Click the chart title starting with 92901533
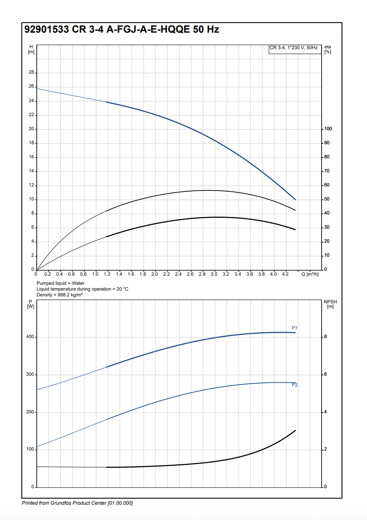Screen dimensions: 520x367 point(122,30)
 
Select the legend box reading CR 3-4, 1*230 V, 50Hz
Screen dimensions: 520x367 point(294,48)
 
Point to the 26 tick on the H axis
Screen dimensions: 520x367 point(32,87)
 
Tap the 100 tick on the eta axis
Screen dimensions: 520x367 point(328,129)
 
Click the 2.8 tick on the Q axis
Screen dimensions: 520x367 point(202,274)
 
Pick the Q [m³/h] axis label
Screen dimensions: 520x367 point(310,274)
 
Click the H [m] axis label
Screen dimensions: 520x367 point(31,49)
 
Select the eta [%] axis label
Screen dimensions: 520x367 point(328,49)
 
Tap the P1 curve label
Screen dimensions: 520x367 point(295,328)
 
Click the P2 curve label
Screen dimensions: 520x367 point(295,385)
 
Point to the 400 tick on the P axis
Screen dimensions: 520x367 point(30,337)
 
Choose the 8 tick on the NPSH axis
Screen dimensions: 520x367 point(326,337)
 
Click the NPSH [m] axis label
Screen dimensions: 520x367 point(330,304)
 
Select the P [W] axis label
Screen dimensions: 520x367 point(30,304)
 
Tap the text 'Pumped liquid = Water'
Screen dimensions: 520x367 point(60,283)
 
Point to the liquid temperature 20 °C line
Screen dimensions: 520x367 point(83,289)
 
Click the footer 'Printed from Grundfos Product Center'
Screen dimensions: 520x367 point(77,503)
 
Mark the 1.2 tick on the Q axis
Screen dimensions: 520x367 point(107,274)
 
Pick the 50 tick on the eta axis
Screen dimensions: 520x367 point(327,199)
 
